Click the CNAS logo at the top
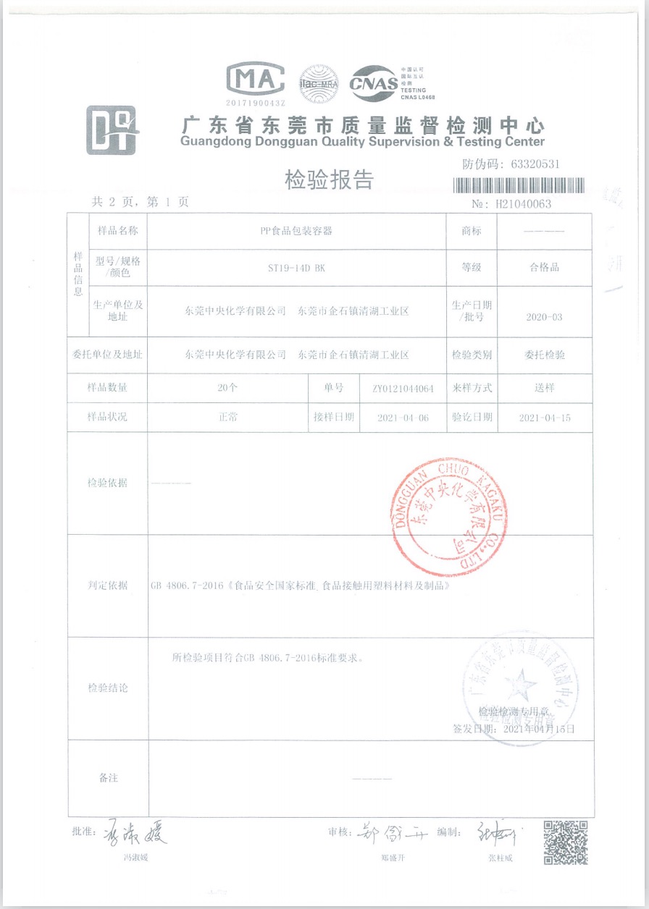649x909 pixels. [x=374, y=84]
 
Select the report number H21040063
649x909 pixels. [x=523, y=204]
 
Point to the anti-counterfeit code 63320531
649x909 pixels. [x=535, y=164]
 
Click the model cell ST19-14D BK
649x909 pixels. [x=297, y=267]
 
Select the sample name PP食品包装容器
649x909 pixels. [x=297, y=231]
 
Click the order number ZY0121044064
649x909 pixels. [x=403, y=389]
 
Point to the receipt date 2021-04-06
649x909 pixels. [x=403, y=418]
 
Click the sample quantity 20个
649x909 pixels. [x=227, y=388]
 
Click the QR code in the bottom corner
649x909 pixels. [x=565, y=842]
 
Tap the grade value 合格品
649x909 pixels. [x=545, y=267]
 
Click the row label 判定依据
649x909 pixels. [x=107, y=585]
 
